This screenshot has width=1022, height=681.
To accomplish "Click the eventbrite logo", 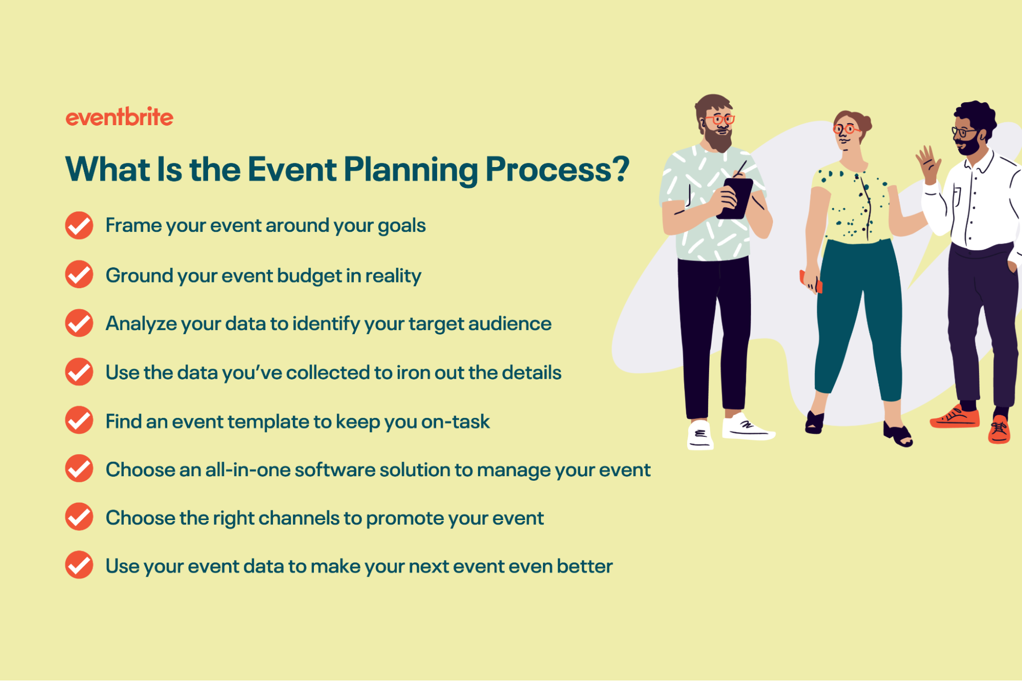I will point(119,117).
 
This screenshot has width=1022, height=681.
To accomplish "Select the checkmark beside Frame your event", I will point(79,225).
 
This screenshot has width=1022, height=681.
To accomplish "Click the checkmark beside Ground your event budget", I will point(79,274).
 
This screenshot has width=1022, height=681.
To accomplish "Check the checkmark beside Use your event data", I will point(79,565).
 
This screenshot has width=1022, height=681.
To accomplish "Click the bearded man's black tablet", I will point(735,198).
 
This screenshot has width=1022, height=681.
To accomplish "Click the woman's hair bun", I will point(866,123).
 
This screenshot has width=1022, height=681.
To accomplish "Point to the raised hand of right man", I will point(928,163).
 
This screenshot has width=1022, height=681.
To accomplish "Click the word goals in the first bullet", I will point(401,226).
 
